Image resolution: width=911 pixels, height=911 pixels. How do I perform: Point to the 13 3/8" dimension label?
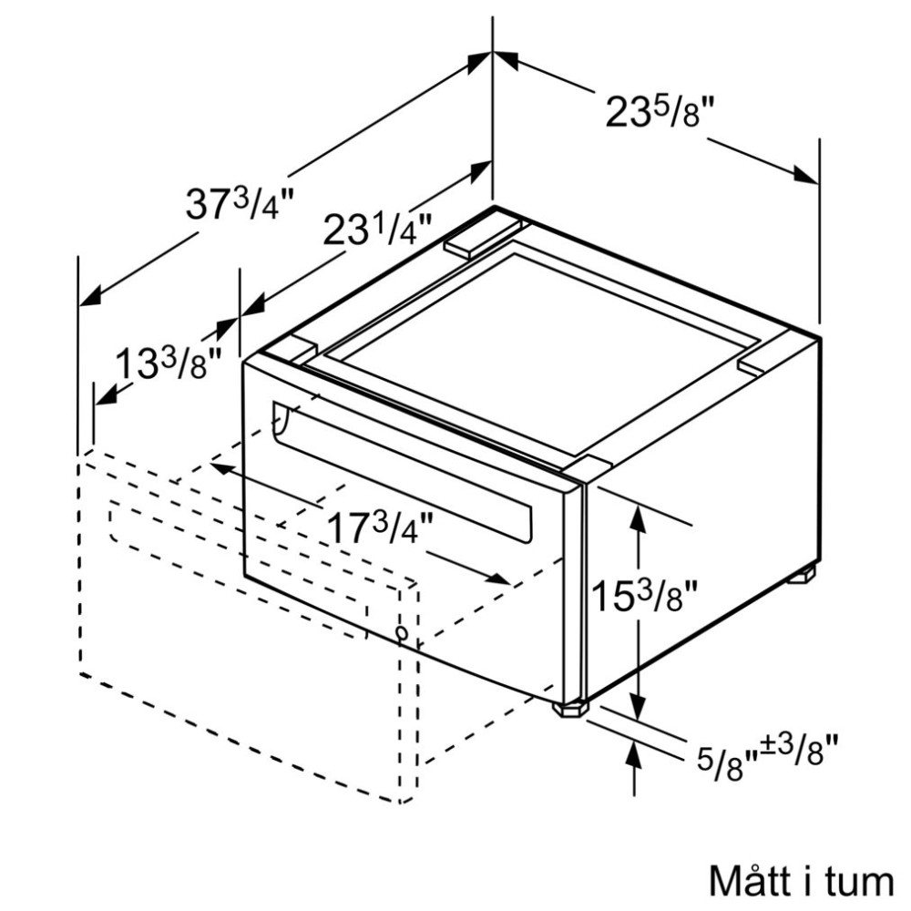point(169,365)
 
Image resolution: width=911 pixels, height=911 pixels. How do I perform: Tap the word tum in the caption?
point(862,881)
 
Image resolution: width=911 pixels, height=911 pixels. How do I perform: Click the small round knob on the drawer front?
point(402,633)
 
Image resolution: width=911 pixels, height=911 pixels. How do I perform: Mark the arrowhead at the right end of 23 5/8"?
point(807,175)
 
